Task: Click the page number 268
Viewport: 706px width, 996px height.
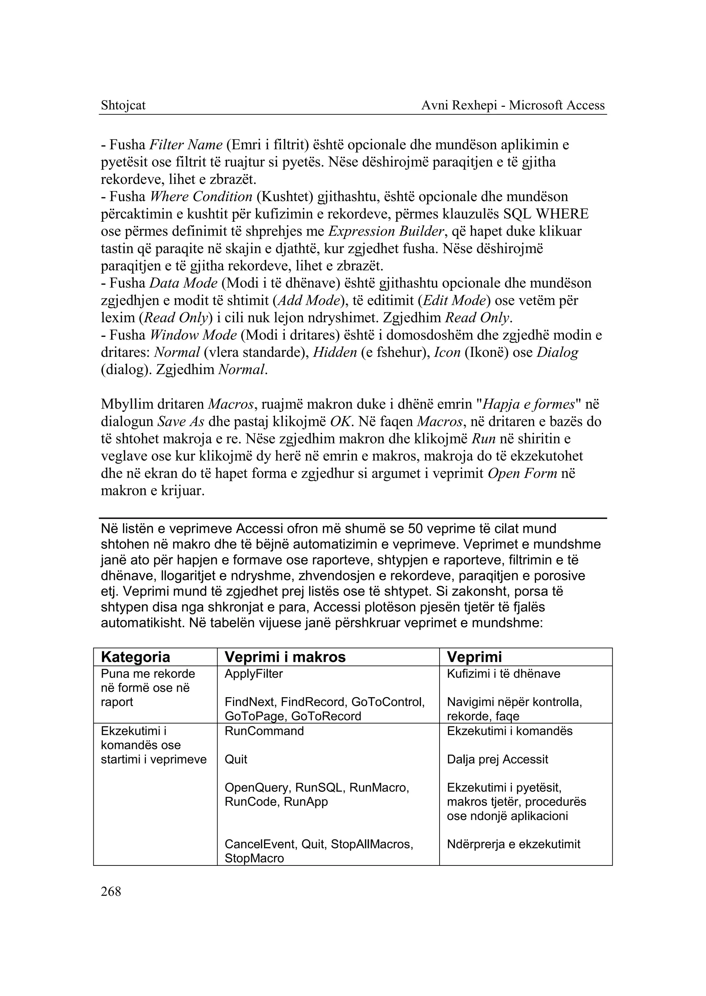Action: coord(111,892)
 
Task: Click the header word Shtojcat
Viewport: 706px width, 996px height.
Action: coord(123,105)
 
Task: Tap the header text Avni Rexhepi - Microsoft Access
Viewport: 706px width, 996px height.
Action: coord(513,105)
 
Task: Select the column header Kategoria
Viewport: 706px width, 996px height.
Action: coord(135,657)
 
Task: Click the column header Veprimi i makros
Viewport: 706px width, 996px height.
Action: coord(285,657)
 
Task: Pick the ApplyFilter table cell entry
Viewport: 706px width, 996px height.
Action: coord(253,674)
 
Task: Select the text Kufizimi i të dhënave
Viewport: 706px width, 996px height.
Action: coord(503,674)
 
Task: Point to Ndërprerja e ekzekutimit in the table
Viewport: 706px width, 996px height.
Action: coord(513,844)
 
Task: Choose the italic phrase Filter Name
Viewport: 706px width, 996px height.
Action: coord(185,145)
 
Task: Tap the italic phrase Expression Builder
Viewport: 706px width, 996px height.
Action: coord(386,231)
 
